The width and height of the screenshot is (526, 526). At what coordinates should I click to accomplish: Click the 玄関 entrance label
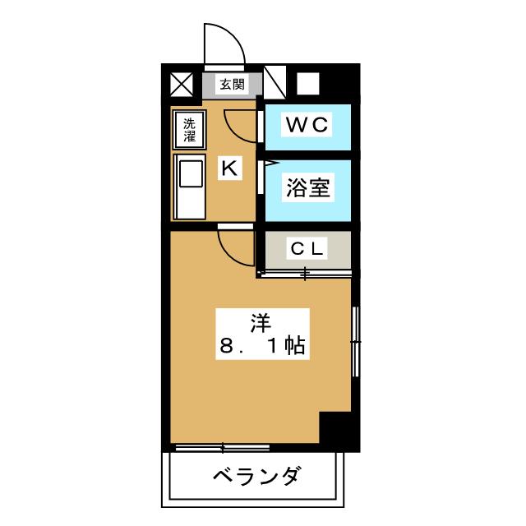point(232,84)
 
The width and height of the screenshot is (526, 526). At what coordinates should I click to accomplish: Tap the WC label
point(307,125)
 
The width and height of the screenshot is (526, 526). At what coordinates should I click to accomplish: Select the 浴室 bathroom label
point(308,187)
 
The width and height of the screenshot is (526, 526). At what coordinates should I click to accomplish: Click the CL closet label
point(307,248)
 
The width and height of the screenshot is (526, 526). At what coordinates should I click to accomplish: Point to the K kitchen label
point(230,168)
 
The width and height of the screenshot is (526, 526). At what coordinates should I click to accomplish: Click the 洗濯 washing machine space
point(189,130)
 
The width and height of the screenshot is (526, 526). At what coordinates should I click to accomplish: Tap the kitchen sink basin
point(191,173)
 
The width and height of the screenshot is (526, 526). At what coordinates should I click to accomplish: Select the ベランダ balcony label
point(256,476)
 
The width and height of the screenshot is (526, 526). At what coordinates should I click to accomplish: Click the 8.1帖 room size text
point(262,345)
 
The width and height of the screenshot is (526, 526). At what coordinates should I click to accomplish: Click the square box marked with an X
point(182,85)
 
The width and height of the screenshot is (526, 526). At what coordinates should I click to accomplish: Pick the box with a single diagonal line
point(275,82)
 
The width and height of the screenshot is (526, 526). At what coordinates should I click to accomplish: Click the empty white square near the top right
point(308,84)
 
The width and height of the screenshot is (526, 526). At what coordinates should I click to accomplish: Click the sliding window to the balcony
point(223,447)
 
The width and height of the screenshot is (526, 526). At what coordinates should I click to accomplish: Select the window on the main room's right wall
point(356,342)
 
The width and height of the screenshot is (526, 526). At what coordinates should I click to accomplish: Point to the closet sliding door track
point(305,274)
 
